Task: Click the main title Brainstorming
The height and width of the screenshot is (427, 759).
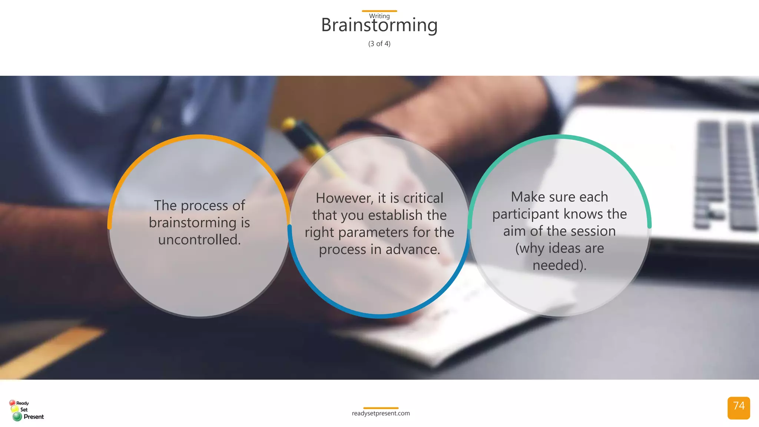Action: [x=379, y=25]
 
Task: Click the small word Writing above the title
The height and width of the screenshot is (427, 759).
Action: [x=379, y=16]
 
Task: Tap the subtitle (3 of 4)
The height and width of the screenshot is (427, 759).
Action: [x=379, y=44]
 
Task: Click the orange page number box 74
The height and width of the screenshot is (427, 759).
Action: [x=738, y=408]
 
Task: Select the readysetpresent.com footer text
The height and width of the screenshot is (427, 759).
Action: [x=381, y=413]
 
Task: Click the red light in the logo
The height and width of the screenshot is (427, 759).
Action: [x=12, y=403]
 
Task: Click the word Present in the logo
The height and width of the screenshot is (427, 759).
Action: [x=34, y=417]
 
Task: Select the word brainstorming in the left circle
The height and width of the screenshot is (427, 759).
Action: [x=192, y=223]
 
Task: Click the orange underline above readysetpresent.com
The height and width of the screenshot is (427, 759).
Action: [x=381, y=408]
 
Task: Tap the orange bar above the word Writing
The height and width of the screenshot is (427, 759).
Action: [x=379, y=11]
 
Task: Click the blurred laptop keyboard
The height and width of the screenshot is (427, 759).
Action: [x=726, y=174]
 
